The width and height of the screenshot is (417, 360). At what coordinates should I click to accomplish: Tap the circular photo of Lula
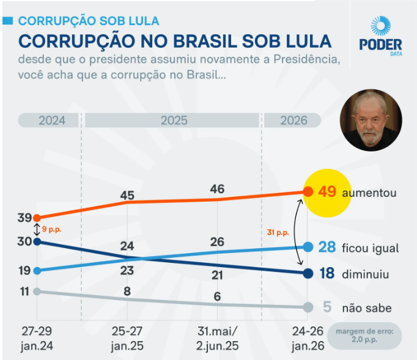[372, 120]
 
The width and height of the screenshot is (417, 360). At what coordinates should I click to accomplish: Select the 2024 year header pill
[49, 120]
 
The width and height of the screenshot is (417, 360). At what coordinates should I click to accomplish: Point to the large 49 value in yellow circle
[327, 192]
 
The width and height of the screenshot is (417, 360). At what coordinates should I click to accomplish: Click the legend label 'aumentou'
[369, 193]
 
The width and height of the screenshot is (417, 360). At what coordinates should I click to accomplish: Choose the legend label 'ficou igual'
[371, 248]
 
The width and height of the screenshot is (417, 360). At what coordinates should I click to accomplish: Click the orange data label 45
[127, 196]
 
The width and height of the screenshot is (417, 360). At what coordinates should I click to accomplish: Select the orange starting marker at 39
[37, 218]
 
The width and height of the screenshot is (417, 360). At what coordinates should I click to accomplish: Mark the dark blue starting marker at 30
[37, 241]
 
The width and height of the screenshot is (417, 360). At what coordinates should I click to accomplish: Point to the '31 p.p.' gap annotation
[278, 232]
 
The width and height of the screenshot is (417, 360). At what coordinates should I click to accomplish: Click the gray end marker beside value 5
[308, 307]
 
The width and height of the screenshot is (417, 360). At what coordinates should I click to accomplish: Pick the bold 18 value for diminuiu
[327, 273]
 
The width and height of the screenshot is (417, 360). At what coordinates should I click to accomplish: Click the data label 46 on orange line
[217, 189]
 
